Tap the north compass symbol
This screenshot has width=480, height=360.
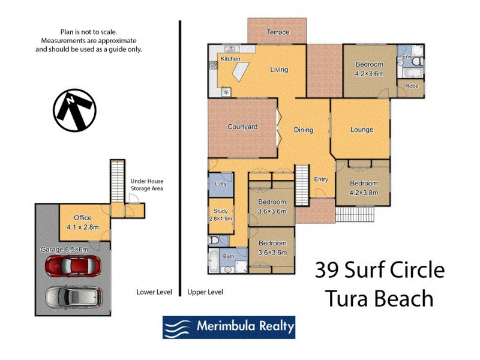click(74, 110)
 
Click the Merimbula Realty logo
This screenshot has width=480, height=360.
click(229, 327)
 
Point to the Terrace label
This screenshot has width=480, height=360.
click(277, 32)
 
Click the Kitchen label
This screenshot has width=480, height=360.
click(230, 59)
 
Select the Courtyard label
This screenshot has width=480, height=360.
click(242, 127)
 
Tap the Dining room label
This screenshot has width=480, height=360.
click(304, 130)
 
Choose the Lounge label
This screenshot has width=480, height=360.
click(362, 130)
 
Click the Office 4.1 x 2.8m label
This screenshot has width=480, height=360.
click(83, 222)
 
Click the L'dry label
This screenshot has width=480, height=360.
click(220, 184)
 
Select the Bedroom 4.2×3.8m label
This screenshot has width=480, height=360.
click(364, 188)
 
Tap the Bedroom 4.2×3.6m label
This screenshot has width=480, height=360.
click(369, 68)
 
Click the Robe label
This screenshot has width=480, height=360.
click(412, 86)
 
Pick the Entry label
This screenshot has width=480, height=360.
click(321, 179)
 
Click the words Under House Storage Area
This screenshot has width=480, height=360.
click(147, 185)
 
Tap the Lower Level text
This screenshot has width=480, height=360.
click(154, 292)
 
